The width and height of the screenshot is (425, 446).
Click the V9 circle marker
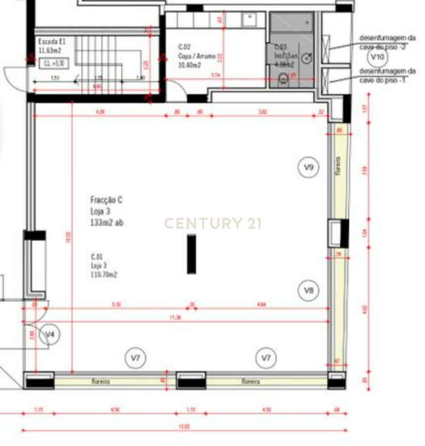309,167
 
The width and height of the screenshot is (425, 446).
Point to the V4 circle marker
51,334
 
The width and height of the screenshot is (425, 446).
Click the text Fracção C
106,200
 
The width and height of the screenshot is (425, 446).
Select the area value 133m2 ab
106,223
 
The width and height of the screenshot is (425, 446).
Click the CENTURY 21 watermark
213,223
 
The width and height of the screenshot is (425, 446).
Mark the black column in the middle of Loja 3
192,254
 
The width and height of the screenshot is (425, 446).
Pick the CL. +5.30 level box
55,64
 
